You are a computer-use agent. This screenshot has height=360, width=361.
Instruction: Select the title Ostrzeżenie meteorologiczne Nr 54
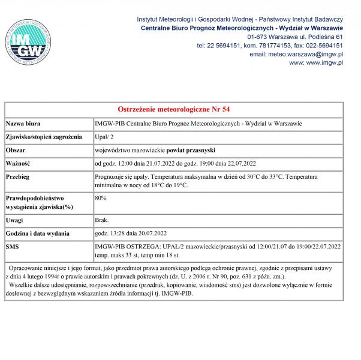[x=173, y=109]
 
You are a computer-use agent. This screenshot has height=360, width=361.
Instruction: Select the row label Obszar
[x=17, y=149]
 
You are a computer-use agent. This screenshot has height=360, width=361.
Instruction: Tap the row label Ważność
[x=19, y=163]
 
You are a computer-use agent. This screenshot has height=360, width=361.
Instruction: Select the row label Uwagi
[x=15, y=220]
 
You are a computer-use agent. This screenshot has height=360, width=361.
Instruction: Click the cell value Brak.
[x=103, y=220]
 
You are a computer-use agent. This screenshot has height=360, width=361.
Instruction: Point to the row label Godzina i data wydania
[x=40, y=233]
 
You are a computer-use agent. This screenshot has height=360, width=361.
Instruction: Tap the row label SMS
[x=12, y=247]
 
